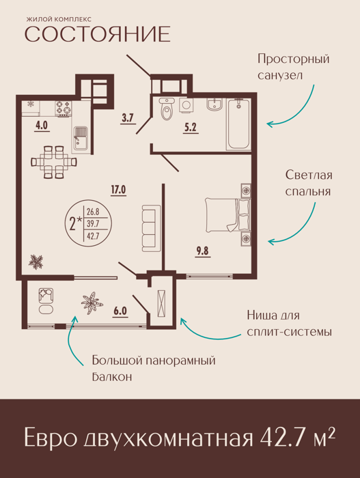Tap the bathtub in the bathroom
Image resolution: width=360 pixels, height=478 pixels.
pos(238,124)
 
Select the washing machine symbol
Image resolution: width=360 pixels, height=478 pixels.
pos(186,105)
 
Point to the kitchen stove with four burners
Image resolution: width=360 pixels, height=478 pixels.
pos(63,108)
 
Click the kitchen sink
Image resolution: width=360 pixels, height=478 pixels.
pos(80,140)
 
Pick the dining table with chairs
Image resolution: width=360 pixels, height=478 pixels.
pos(54,162)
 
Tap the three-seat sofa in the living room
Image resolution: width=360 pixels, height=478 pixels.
pos(152,228)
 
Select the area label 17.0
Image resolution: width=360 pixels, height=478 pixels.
pos(118,190)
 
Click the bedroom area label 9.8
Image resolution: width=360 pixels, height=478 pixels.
pos(203,251)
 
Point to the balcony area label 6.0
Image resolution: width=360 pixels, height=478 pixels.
pos(120,311)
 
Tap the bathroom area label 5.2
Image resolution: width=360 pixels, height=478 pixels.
pos(190,128)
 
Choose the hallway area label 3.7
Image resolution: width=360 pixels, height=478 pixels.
pos(128,118)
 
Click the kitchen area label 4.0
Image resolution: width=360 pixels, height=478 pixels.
pos(42,126)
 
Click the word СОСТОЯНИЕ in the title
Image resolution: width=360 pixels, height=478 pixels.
pos(97,34)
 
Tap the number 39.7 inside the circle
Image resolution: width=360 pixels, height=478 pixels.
pos(93,223)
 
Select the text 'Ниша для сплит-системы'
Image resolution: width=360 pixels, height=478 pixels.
pos(289,324)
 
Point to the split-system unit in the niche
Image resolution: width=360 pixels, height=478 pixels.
pos(161,303)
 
